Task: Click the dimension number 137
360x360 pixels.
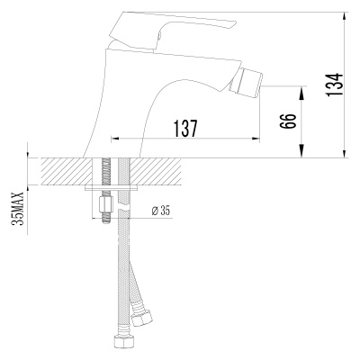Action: (x=184, y=128)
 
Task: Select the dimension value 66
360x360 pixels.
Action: (x=289, y=121)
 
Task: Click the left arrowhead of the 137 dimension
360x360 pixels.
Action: (x=114, y=139)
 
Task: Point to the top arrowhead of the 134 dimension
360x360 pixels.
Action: (x=346, y=14)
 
